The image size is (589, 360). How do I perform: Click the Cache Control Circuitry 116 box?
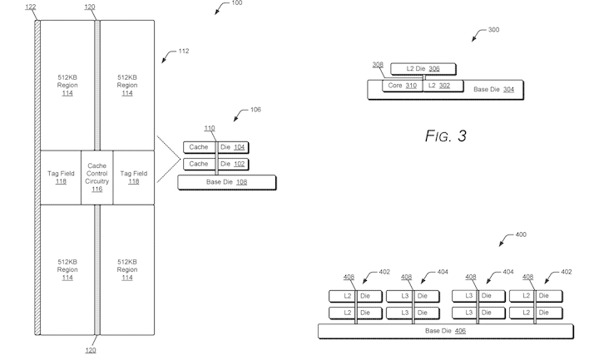97,176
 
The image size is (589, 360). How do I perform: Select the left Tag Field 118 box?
61,176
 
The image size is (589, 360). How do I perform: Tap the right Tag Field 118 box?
133,176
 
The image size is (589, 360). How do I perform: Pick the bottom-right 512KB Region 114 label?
127,269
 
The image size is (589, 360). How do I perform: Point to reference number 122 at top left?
32,6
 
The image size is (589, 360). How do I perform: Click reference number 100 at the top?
236,4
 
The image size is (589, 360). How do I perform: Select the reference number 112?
183,51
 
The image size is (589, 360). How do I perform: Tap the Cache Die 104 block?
216,147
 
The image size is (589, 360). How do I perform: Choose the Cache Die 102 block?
216,164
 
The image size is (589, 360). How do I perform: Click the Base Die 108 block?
227,181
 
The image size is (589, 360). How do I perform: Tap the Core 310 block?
402,86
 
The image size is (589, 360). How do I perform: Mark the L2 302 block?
438,86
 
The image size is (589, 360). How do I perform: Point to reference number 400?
520,235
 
